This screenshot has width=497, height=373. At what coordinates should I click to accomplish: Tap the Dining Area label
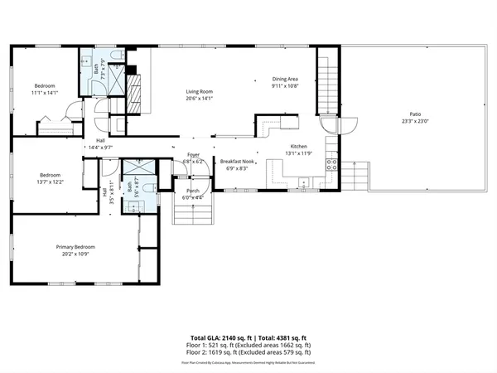pyautogui.click(x=285, y=80)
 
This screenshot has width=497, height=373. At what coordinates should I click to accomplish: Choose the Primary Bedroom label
pyautogui.click(x=75, y=247)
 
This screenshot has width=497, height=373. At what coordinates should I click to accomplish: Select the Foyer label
pyautogui.click(x=194, y=155)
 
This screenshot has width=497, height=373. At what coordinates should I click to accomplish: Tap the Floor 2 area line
pyautogui.click(x=248, y=354)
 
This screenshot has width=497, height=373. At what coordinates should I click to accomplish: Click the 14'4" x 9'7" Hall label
pyautogui.click(x=100, y=143)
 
